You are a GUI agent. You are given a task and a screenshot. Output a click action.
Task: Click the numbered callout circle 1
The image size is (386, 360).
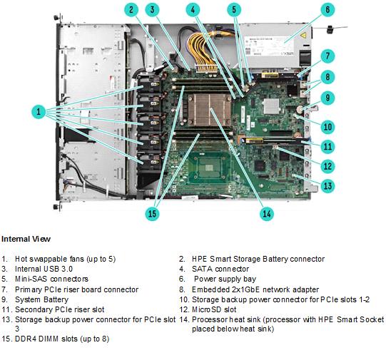pyautogui.click(x=39, y=112)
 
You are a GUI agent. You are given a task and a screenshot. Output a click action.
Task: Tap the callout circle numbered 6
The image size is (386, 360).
pyautogui.click(x=327, y=10)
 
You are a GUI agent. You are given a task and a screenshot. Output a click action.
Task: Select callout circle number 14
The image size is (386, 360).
pyautogui.click(x=267, y=213)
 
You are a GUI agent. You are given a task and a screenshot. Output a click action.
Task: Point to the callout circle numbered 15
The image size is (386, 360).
pyautogui.click(x=152, y=213)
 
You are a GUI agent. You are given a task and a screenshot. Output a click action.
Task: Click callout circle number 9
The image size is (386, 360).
pyautogui.click(x=327, y=98)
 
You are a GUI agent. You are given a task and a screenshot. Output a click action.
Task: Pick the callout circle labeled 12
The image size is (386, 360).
pyautogui.click(x=327, y=166)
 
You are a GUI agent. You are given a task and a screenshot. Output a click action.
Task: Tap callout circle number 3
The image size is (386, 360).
pyautogui.click(x=152, y=10)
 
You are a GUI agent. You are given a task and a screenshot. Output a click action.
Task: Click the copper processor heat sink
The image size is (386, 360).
pyautogui.click(x=209, y=110)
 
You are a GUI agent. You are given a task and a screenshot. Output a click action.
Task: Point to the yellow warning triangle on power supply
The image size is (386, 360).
pyautogui.click(x=303, y=36)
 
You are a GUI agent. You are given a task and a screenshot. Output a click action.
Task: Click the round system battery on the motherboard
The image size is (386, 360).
pyautogui.click(x=300, y=108)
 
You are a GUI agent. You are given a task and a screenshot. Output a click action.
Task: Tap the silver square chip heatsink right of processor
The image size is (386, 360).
pyautogui.click(x=271, y=106)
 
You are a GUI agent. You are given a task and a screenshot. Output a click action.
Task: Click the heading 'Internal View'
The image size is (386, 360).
pyautogui.click(x=26, y=239)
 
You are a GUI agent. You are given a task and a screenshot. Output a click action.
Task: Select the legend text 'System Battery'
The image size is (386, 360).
pyautogui.click(x=41, y=299)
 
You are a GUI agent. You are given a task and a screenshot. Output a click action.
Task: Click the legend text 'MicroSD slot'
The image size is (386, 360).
pyautogui.click(x=214, y=309)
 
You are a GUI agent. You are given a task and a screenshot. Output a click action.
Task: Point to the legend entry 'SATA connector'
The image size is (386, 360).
pyautogui.click(x=220, y=269)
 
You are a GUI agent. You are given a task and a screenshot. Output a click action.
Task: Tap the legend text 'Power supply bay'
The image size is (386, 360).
pyautogui.click(x=225, y=279)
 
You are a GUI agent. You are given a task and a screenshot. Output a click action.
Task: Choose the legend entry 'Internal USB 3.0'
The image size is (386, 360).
pyautogui.click(x=44, y=269)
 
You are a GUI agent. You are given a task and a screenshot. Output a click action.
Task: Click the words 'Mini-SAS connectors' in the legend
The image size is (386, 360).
pyautogui.click(x=51, y=279)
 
